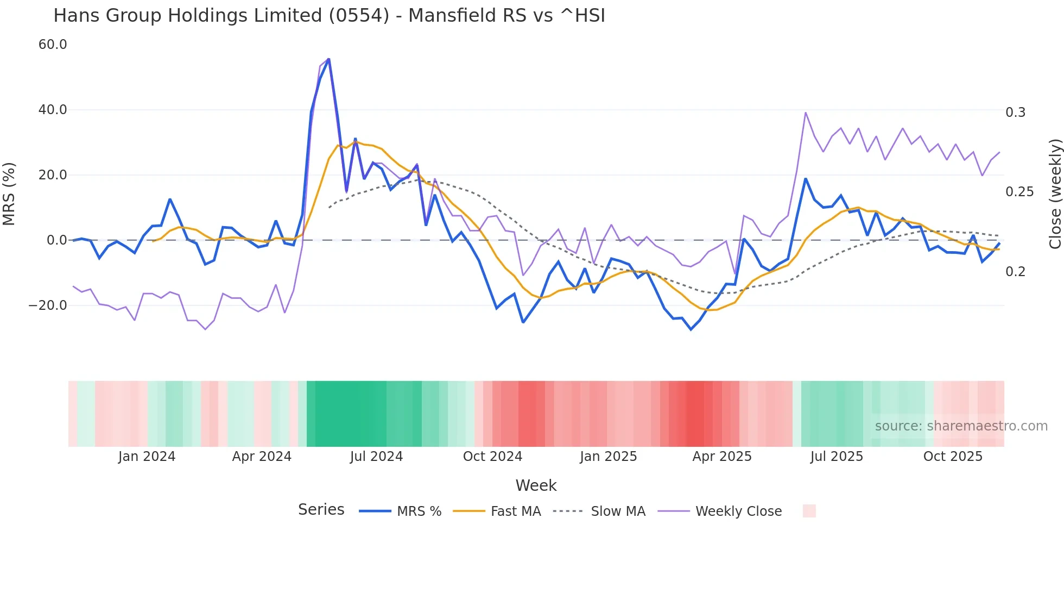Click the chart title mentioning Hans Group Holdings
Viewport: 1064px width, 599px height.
pyautogui.click(x=329, y=16)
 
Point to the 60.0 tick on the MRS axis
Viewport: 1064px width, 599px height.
pyautogui.click(x=53, y=45)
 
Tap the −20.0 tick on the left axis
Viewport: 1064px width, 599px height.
pyautogui.click(x=48, y=305)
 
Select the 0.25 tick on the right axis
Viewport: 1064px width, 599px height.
pyautogui.click(x=1019, y=192)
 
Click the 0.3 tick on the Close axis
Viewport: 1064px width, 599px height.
pyautogui.click(x=1015, y=113)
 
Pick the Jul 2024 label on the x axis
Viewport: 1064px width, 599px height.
pyautogui.click(x=376, y=457)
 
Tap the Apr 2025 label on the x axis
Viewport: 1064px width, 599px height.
pyautogui.click(x=721, y=457)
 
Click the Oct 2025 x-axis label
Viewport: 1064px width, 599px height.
pyautogui.click(x=953, y=457)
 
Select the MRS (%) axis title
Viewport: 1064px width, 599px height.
pyautogui.click(x=9, y=194)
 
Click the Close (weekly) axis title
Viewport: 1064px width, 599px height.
pyautogui.click(x=1055, y=194)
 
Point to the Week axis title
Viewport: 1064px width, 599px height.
pyautogui.click(x=536, y=485)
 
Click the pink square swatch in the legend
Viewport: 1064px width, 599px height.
pyautogui.click(x=809, y=511)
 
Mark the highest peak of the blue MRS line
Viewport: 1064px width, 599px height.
pyautogui.click(x=328, y=59)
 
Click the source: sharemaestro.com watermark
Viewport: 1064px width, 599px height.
pyautogui.click(x=961, y=426)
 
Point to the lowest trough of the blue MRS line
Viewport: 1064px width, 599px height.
pyautogui.click(x=691, y=329)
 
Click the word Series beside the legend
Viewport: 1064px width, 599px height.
pyautogui.click(x=321, y=510)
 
